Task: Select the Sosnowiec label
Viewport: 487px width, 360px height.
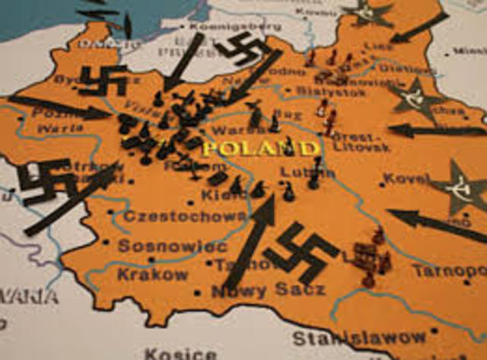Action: click(172, 247)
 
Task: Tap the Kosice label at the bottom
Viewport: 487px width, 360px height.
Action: click(180, 353)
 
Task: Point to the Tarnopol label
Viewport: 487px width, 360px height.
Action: click(449, 270)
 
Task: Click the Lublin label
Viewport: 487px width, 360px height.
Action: click(297, 173)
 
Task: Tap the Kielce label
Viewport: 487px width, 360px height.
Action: click(222, 196)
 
